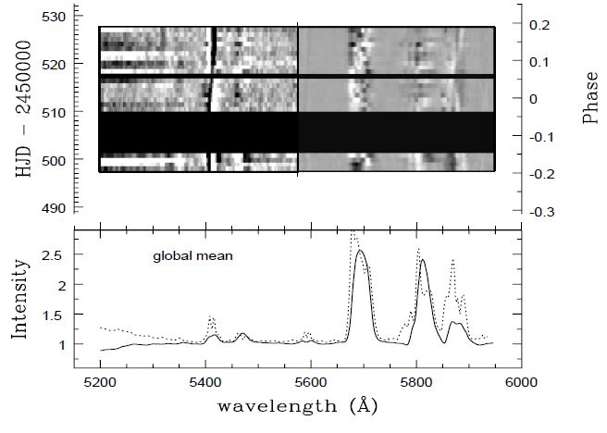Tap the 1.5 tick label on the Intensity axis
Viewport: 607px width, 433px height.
click(x=58, y=315)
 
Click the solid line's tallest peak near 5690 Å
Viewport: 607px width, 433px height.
click(x=361, y=250)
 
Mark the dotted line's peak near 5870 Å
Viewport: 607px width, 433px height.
click(x=452, y=261)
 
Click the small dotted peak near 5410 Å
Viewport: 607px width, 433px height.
click(x=211, y=317)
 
